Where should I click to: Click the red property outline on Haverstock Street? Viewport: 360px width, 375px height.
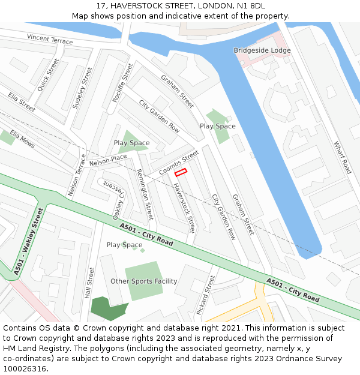coord(181,172)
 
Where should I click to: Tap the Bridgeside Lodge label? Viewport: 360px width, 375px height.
coord(262,50)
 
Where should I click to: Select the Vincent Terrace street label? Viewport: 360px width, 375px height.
coord(50,40)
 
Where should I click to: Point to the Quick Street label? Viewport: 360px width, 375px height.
coord(48,75)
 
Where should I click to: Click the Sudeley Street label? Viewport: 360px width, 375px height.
coord(82,88)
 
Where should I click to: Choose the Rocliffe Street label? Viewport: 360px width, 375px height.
coord(122,82)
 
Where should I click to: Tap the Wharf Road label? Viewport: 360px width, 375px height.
coord(342,157)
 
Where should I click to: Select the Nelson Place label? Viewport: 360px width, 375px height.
coord(108,160)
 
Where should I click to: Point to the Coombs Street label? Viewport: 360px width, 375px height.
coord(179,163)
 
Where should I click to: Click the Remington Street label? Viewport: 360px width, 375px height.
coord(145,194)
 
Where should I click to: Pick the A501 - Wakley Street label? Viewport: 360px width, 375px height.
coord(29,241)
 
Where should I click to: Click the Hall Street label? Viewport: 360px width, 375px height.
coord(89,283)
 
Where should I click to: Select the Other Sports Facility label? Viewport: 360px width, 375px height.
coord(144,281)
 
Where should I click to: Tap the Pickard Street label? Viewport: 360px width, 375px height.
coord(205,295)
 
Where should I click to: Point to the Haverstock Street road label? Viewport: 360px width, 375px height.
coord(184,208)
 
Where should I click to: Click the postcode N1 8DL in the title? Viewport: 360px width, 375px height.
coord(250,6)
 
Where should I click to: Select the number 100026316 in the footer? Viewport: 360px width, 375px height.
coord(24,368)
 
